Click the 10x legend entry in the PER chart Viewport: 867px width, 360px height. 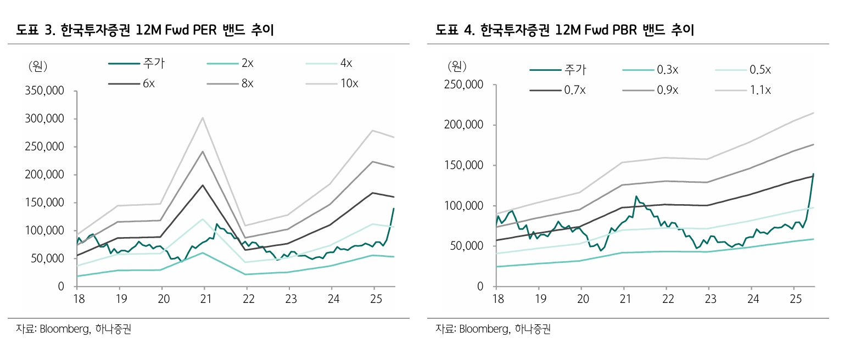coord(349,84)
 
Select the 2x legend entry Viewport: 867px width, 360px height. coord(247,64)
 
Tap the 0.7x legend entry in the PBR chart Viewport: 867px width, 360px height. coord(574,91)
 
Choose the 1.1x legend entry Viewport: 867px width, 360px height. coord(760,91)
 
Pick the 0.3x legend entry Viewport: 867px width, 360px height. coord(667,70)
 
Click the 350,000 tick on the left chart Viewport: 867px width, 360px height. coord(44,91)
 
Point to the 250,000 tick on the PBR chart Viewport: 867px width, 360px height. coord(463,85)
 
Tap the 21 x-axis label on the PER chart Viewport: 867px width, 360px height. coord(205,299)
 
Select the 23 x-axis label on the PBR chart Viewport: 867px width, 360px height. coord(711,299)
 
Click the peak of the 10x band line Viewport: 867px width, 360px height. coord(203,117)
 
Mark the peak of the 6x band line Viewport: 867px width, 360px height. coord(203,185)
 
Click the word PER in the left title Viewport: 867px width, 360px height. coord(205,30)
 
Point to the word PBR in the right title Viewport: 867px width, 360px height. coord(624,30)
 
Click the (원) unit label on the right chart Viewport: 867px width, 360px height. coord(457,67)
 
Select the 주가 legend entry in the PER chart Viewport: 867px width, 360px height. coord(153,64)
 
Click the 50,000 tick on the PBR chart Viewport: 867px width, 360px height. coord(467,246)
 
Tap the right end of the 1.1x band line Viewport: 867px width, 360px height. coord(814,113)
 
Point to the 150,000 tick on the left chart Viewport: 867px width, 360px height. coord(44,203)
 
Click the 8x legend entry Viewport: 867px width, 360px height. coord(247,84)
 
